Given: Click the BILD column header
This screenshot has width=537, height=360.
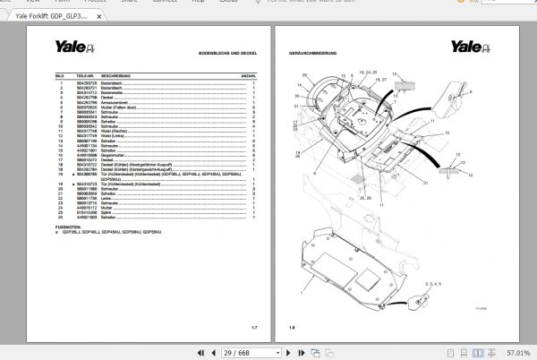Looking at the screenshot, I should (58, 76).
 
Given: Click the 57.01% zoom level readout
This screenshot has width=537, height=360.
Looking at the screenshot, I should (516, 351).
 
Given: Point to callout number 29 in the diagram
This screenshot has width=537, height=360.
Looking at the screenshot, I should (304, 75).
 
